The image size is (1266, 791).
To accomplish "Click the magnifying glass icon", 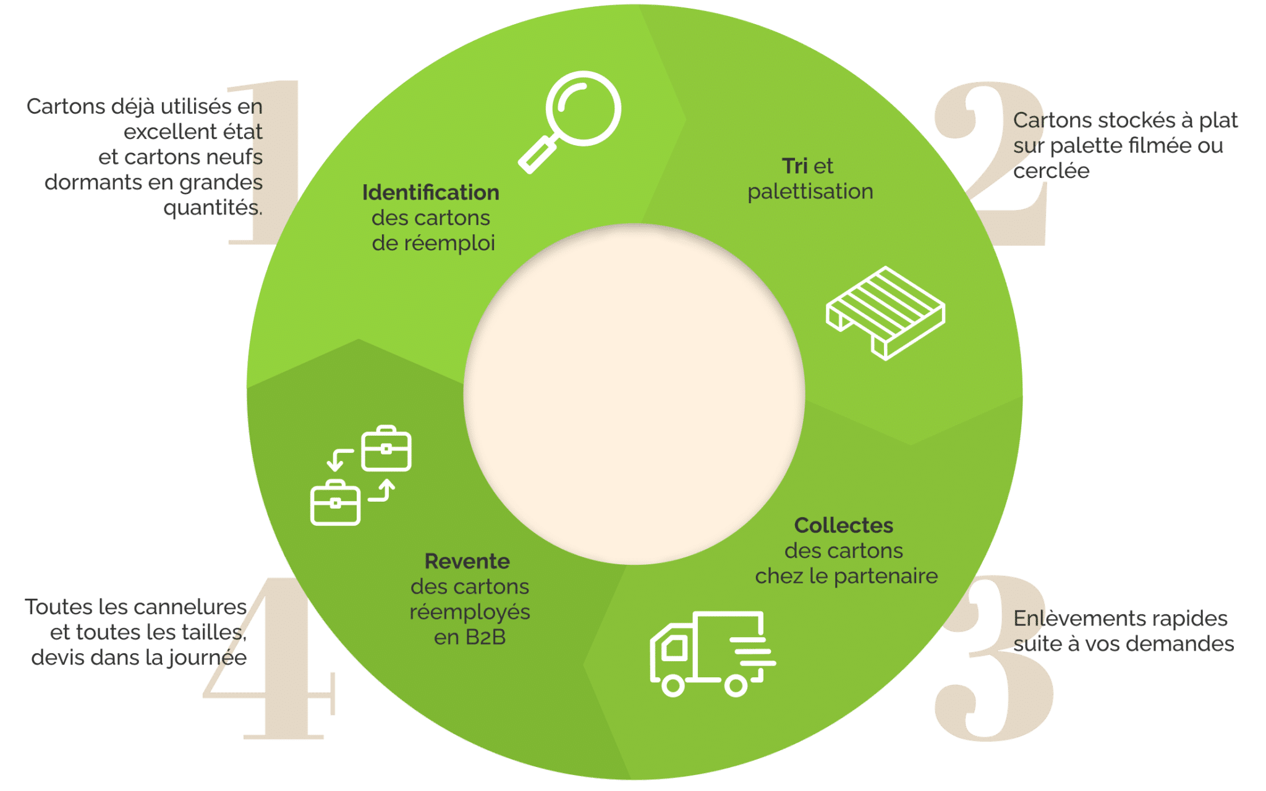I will tap(570, 121).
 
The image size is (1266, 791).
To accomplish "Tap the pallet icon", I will tap(885, 313).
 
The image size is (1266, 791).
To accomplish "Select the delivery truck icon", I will tap(711, 654).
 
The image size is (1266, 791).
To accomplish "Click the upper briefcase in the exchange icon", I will tap(386, 449).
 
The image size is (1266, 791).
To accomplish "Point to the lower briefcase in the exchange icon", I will tap(335, 503).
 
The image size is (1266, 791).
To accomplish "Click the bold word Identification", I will tap(430, 193).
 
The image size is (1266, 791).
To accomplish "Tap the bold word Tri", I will tap(794, 166).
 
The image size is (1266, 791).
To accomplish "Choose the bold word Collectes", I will tap(843, 526).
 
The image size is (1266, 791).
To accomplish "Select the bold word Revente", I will tap(467, 562).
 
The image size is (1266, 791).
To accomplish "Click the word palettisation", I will tap(810, 192).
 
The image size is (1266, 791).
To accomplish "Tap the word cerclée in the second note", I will tap(1051, 171).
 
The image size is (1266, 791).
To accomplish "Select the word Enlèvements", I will tap(1074, 619).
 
